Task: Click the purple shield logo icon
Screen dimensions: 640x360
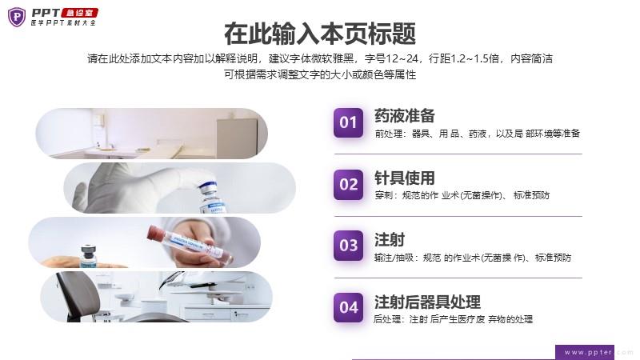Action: pyautogui.click(x=17, y=17)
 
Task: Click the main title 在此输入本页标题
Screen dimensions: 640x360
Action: pyautogui.click(x=319, y=34)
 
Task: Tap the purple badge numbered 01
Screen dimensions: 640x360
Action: pyautogui.click(x=348, y=122)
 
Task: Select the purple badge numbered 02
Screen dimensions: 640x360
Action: pyautogui.click(x=348, y=185)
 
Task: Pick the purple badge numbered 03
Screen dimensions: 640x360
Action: pyautogui.click(x=348, y=246)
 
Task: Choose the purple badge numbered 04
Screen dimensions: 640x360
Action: pyautogui.click(x=348, y=307)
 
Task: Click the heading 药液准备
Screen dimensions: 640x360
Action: pyautogui.click(x=405, y=116)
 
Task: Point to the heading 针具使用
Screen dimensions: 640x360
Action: pyautogui.click(x=405, y=178)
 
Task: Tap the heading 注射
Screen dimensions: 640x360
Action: pyautogui.click(x=390, y=239)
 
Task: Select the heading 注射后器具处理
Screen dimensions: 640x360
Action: pyautogui.click(x=427, y=302)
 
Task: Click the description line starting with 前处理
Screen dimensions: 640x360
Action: pyautogui.click(x=477, y=134)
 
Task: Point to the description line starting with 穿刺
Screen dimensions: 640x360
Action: pyautogui.click(x=462, y=195)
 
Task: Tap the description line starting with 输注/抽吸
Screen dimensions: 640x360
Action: pyautogui.click(x=473, y=258)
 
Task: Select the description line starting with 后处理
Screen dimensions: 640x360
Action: pyautogui.click(x=453, y=319)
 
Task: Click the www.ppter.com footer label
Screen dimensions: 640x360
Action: pyautogui.click(x=588, y=352)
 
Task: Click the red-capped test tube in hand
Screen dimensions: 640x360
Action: pyautogui.click(x=190, y=244)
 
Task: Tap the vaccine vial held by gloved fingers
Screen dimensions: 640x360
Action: pyautogui.click(x=211, y=198)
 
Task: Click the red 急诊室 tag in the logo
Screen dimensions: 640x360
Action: pyautogui.click(x=80, y=13)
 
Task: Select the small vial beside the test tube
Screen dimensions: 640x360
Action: pyautogui.click(x=89, y=256)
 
